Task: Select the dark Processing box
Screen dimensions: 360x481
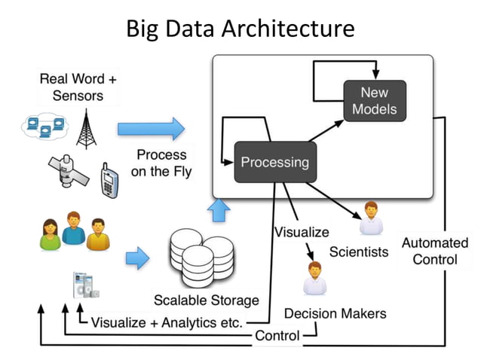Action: pyautogui.click(x=274, y=162)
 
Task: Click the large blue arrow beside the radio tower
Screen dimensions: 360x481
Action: pyautogui.click(x=151, y=129)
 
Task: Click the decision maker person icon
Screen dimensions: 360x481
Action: pyautogui.click(x=314, y=278)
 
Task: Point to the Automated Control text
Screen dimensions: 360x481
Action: pyautogui.click(x=434, y=251)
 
